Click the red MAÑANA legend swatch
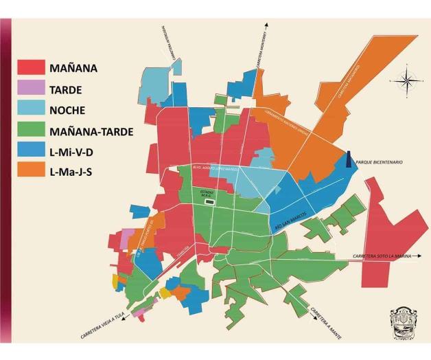coord(32,67)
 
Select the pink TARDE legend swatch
coord(32,88)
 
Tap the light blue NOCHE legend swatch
coord(32,109)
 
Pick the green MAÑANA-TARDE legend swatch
coord(32,129)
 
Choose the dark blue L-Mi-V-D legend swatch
coord(32,150)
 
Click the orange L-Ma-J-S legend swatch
coord(32,170)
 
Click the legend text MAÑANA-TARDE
coord(91,130)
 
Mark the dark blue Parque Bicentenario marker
coord(349,159)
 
